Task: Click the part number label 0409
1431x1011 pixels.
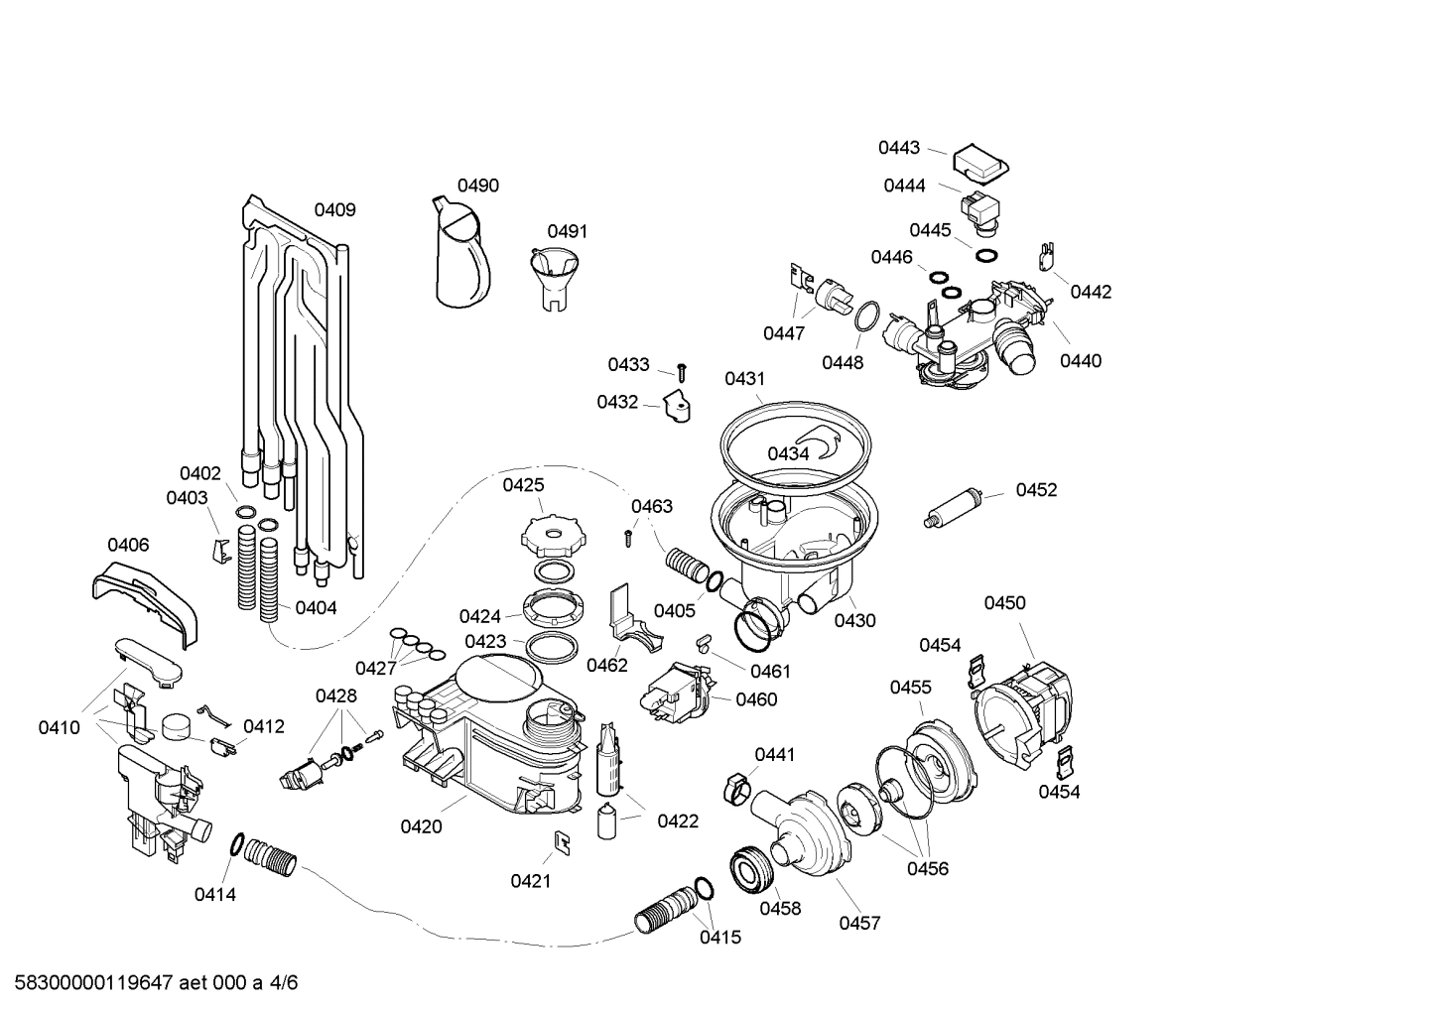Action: tap(334, 209)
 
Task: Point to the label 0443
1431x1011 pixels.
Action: tap(898, 148)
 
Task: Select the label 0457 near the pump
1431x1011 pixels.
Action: tap(859, 923)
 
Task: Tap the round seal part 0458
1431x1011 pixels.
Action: tap(750, 870)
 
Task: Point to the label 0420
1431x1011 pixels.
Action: tap(421, 825)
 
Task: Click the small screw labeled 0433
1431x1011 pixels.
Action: tap(682, 372)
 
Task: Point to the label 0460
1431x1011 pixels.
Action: tap(756, 699)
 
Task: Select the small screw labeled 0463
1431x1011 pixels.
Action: tap(628, 537)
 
